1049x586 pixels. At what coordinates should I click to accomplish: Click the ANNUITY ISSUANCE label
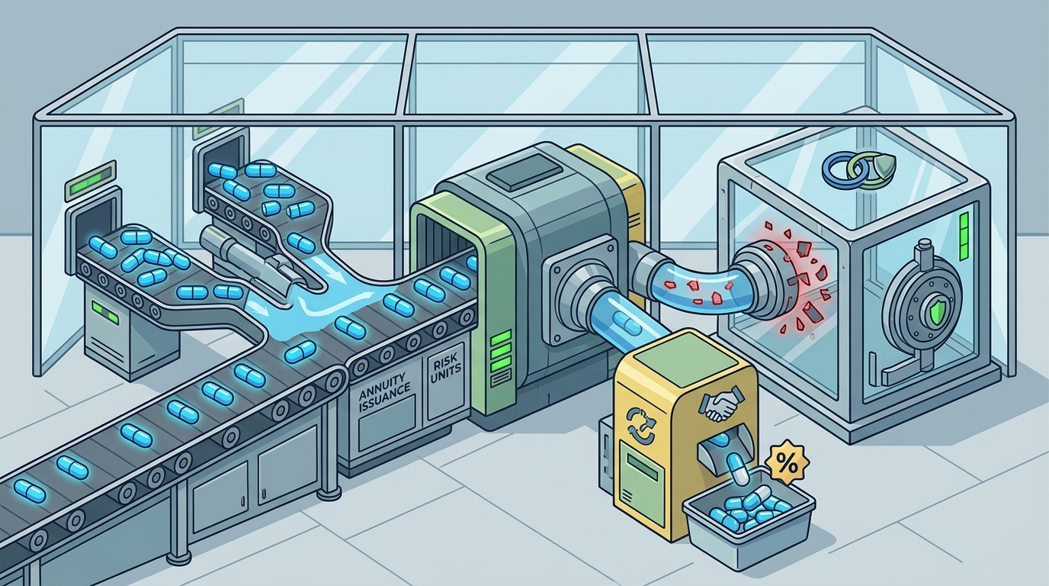tap(384, 392)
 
